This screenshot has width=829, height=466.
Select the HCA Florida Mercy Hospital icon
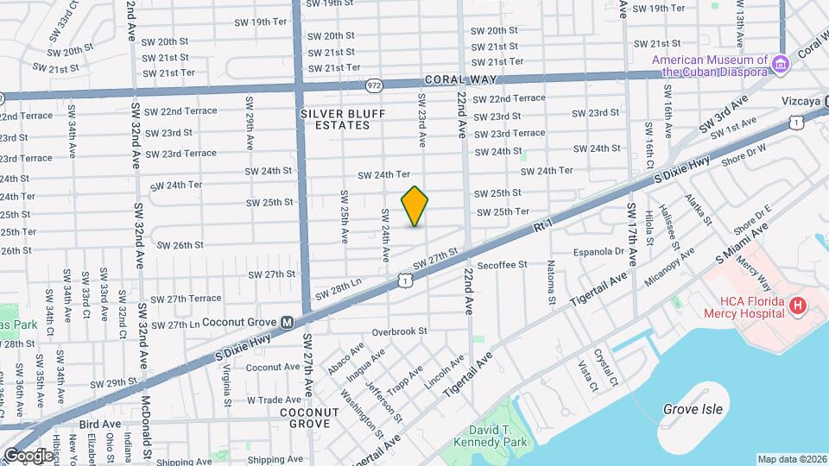[798, 305]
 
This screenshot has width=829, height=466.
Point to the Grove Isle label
[693, 409]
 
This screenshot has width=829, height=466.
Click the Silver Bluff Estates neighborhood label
[336, 119]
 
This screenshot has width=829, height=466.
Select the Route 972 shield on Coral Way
[374, 85]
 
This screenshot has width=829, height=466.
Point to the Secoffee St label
[502, 265]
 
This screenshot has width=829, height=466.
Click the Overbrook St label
[400, 331]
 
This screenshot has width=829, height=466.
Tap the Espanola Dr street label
[598, 252]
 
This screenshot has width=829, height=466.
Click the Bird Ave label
[100, 424]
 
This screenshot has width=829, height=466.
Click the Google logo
[28, 455]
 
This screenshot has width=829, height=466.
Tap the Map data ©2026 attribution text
[792, 459]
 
